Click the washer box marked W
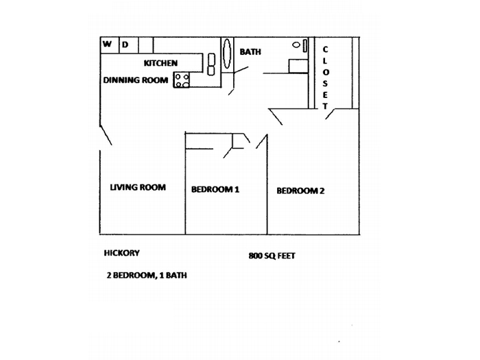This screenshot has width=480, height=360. click(x=110, y=45)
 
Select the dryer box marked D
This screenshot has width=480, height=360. click(x=129, y=45)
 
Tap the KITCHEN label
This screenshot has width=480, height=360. click(x=160, y=63)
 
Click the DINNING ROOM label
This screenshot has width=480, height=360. click(x=136, y=80)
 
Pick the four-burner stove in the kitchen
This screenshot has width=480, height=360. click(x=182, y=80)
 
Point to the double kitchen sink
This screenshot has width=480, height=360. click(x=211, y=64)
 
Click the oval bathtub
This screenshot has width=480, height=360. click(x=227, y=53)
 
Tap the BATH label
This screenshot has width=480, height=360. click(x=250, y=52)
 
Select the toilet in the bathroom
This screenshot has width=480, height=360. click(x=300, y=45)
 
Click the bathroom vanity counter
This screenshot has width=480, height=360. click(x=298, y=66)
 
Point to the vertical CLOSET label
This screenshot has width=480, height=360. click(x=325, y=77)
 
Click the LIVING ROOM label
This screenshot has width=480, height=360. click(x=138, y=187)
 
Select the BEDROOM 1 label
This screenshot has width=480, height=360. click(x=215, y=189)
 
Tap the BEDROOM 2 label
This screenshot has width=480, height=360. click(x=300, y=191)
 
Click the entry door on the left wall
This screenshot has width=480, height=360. click(x=106, y=134)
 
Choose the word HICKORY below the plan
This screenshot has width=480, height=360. click(x=122, y=253)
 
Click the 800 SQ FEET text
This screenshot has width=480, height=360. click(x=272, y=256)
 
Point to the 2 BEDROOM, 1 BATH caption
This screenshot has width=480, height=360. click(x=147, y=275)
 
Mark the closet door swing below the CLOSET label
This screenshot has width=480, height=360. click(x=330, y=114)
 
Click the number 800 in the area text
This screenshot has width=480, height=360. click(x=255, y=256)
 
